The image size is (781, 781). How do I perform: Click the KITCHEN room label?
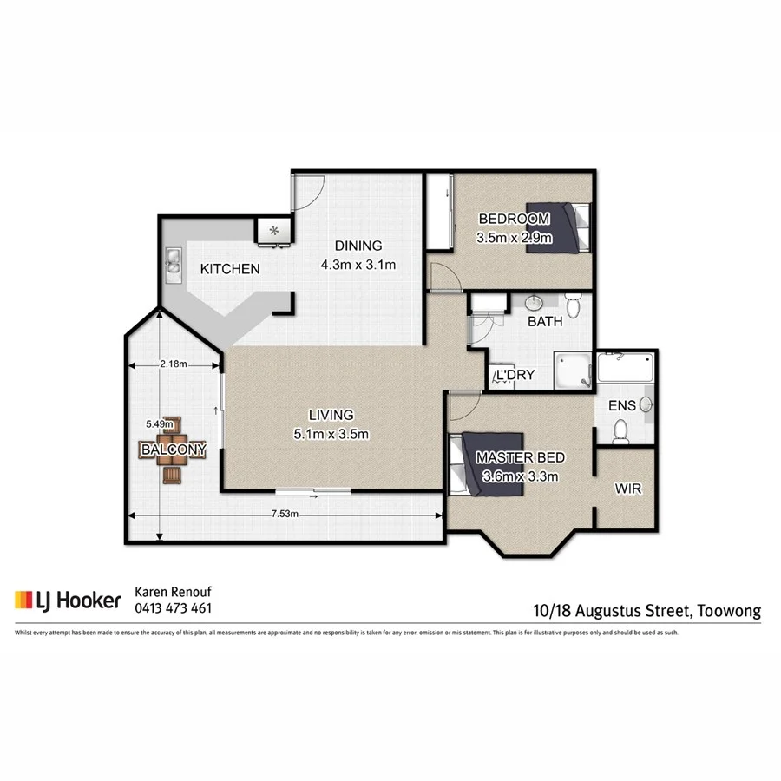click(230, 269)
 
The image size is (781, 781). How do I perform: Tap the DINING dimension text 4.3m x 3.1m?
click(358, 265)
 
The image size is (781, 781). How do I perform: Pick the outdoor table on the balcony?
click(173, 450)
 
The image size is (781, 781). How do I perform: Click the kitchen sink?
click(172, 261)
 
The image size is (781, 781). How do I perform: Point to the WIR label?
click(627, 489)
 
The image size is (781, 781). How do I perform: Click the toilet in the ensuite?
click(620, 429)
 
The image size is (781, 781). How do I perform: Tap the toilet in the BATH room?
click(572, 305)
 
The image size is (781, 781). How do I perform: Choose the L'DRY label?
click(514, 376)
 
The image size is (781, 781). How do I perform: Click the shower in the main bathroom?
click(574, 371)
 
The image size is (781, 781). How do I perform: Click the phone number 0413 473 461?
click(173, 608)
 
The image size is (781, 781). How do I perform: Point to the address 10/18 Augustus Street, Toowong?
click(646, 610)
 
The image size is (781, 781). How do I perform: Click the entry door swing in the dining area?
click(303, 189)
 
